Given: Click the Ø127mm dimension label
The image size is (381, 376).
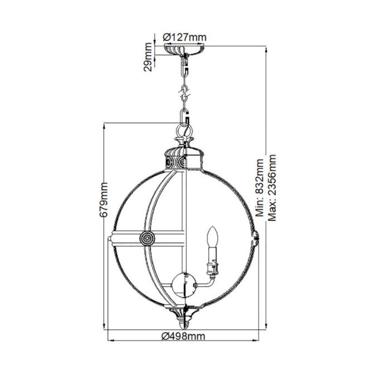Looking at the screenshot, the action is pyautogui.click(x=184, y=37).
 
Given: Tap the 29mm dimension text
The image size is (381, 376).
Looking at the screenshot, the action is pyautogui.click(x=148, y=57).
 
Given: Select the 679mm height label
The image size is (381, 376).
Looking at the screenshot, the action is pyautogui.click(x=104, y=199).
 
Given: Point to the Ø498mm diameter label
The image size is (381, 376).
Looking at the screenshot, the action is pyautogui.click(x=183, y=336).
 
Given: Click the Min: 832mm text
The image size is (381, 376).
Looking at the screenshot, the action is pyautogui.click(x=260, y=187).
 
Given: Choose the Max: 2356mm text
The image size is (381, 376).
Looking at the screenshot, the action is pyautogui.click(x=272, y=187).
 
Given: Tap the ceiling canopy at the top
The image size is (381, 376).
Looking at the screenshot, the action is pyautogui.click(x=184, y=50).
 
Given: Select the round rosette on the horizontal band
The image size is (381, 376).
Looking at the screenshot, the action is pyautogui.click(x=147, y=239).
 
